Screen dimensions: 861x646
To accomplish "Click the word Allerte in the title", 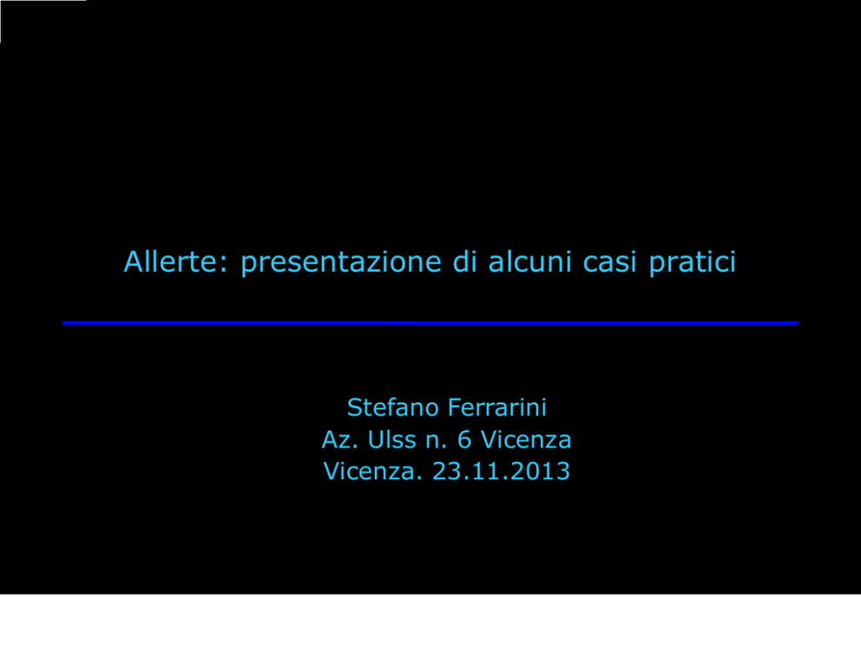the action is point(171,261).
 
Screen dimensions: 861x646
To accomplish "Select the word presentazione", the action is point(341,262).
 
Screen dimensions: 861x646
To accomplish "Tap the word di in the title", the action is point(464,261).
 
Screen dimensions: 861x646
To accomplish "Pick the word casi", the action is point(609,262).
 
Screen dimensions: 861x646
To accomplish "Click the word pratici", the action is point(692,262).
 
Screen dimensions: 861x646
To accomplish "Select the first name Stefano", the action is point(393,407).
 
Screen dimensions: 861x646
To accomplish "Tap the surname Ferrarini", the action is point(497,407).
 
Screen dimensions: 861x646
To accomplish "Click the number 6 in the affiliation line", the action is point(464,439).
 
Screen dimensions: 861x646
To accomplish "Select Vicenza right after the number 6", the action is point(526,439).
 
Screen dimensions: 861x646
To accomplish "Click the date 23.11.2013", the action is point(502,471).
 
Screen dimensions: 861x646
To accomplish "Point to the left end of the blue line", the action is point(63,323).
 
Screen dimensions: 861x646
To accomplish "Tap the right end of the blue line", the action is point(798,323).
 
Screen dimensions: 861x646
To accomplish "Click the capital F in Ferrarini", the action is point(455,407).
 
